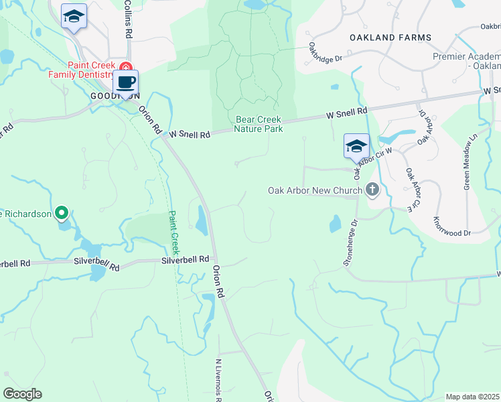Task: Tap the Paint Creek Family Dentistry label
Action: click(80, 70)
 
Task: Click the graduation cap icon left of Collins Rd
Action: click(74, 16)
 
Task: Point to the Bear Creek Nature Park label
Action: click(259, 124)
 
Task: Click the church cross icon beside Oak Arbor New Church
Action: click(373, 191)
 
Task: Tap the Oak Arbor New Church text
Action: click(315, 191)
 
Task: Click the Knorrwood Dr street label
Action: click(452, 226)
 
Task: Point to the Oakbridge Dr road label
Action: click(326, 52)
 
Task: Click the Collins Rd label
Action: click(127, 19)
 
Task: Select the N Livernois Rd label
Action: click(218, 379)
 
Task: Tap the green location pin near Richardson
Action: click(62, 214)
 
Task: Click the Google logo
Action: click(23, 395)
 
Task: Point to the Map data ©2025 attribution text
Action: click(473, 397)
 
